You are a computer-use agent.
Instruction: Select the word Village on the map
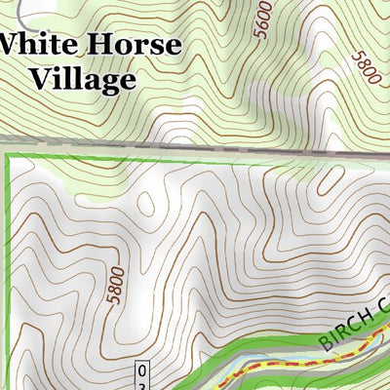coord(82,79)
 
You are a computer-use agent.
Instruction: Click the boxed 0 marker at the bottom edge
coord(142,371)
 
